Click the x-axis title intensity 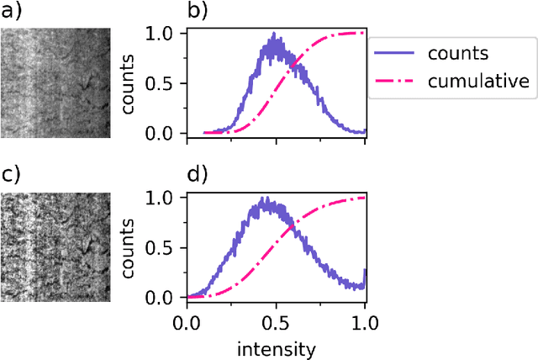pos(275,347)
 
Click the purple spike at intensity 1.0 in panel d pos(364,272)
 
